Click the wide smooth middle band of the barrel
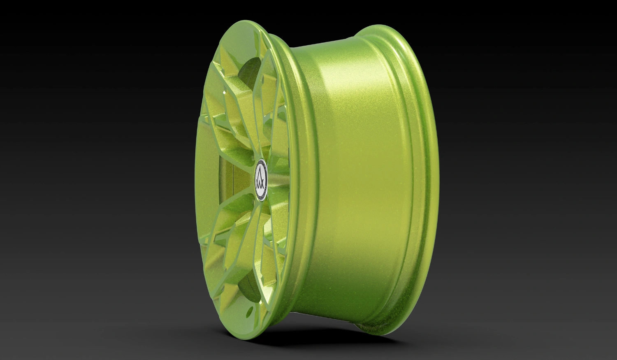coord(358,181)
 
